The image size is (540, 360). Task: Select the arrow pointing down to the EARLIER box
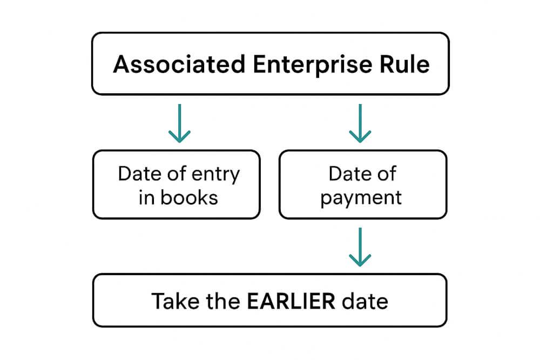click(x=360, y=247)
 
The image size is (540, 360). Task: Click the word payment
click(x=361, y=198)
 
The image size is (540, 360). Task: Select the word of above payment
click(x=387, y=174)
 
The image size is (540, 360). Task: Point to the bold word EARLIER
click(x=291, y=301)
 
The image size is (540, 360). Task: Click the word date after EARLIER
click(x=364, y=301)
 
